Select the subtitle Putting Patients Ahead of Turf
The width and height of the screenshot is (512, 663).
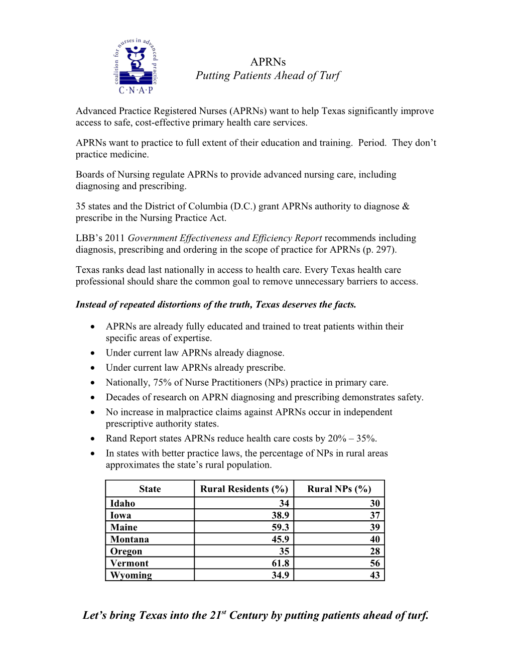[268, 75]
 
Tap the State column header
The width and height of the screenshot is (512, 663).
[150, 489]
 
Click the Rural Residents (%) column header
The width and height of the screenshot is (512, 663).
[244, 489]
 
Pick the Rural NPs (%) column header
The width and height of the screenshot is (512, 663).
[339, 489]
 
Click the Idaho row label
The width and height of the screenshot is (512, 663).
[122, 503]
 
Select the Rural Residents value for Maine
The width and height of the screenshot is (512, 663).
[280, 527]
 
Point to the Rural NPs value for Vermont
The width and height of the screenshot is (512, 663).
[374, 563]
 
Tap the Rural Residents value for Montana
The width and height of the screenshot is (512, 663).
[280, 539]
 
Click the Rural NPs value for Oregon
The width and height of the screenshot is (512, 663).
[374, 551]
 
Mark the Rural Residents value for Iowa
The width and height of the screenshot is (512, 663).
[280, 515]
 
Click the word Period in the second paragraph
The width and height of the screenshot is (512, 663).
[371, 143]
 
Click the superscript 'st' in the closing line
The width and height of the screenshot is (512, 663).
[224, 612]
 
